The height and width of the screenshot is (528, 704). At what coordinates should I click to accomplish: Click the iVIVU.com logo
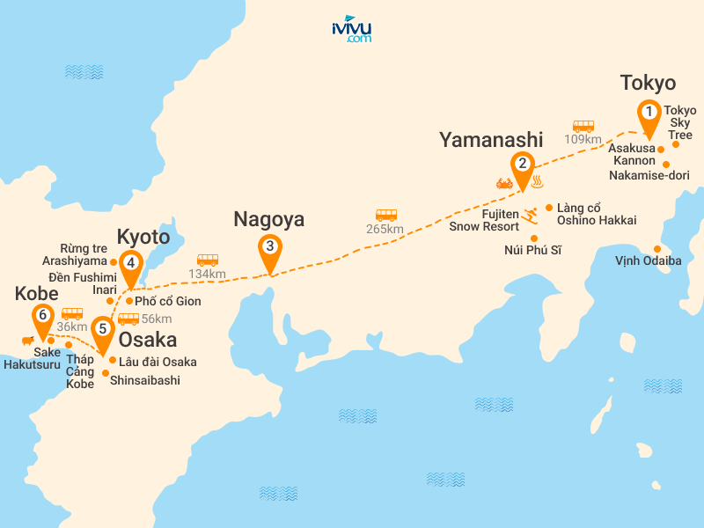pyautogui.click(x=351, y=29)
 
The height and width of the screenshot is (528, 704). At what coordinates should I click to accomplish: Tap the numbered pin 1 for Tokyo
pyautogui.click(x=649, y=114)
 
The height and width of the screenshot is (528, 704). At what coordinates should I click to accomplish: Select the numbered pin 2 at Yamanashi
pyautogui.click(x=522, y=164)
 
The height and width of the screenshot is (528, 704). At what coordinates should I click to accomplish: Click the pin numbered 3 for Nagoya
pyautogui.click(x=269, y=247)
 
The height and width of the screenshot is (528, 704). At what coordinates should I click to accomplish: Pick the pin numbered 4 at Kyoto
pyautogui.click(x=131, y=263)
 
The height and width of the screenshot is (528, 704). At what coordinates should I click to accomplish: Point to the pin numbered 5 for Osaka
pyautogui.click(x=103, y=330)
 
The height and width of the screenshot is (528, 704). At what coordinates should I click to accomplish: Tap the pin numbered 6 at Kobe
pyautogui.click(x=41, y=315)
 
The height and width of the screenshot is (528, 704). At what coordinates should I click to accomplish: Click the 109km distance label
pyautogui.click(x=583, y=139)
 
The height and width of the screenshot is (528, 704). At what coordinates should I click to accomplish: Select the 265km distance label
pyautogui.click(x=385, y=229)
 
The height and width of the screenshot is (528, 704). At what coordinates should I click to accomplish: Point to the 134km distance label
pyautogui.click(x=207, y=274)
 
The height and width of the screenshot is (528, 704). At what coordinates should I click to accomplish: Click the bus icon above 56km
pyautogui.click(x=128, y=319)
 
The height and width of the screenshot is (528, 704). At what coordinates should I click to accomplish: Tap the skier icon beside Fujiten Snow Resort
pyautogui.click(x=530, y=214)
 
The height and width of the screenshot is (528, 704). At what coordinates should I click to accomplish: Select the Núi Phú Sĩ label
pyautogui.click(x=533, y=251)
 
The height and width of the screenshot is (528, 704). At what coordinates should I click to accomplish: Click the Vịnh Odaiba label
pyautogui.click(x=649, y=260)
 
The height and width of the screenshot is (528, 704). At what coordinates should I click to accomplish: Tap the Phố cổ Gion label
pyautogui.click(x=168, y=301)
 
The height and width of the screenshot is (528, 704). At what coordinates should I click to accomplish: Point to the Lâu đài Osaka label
pyautogui.click(x=158, y=362)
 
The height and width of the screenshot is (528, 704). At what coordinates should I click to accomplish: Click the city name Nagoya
pyautogui.click(x=268, y=220)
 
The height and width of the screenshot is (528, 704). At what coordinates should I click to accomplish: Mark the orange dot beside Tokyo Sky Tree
pyautogui.click(x=676, y=143)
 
